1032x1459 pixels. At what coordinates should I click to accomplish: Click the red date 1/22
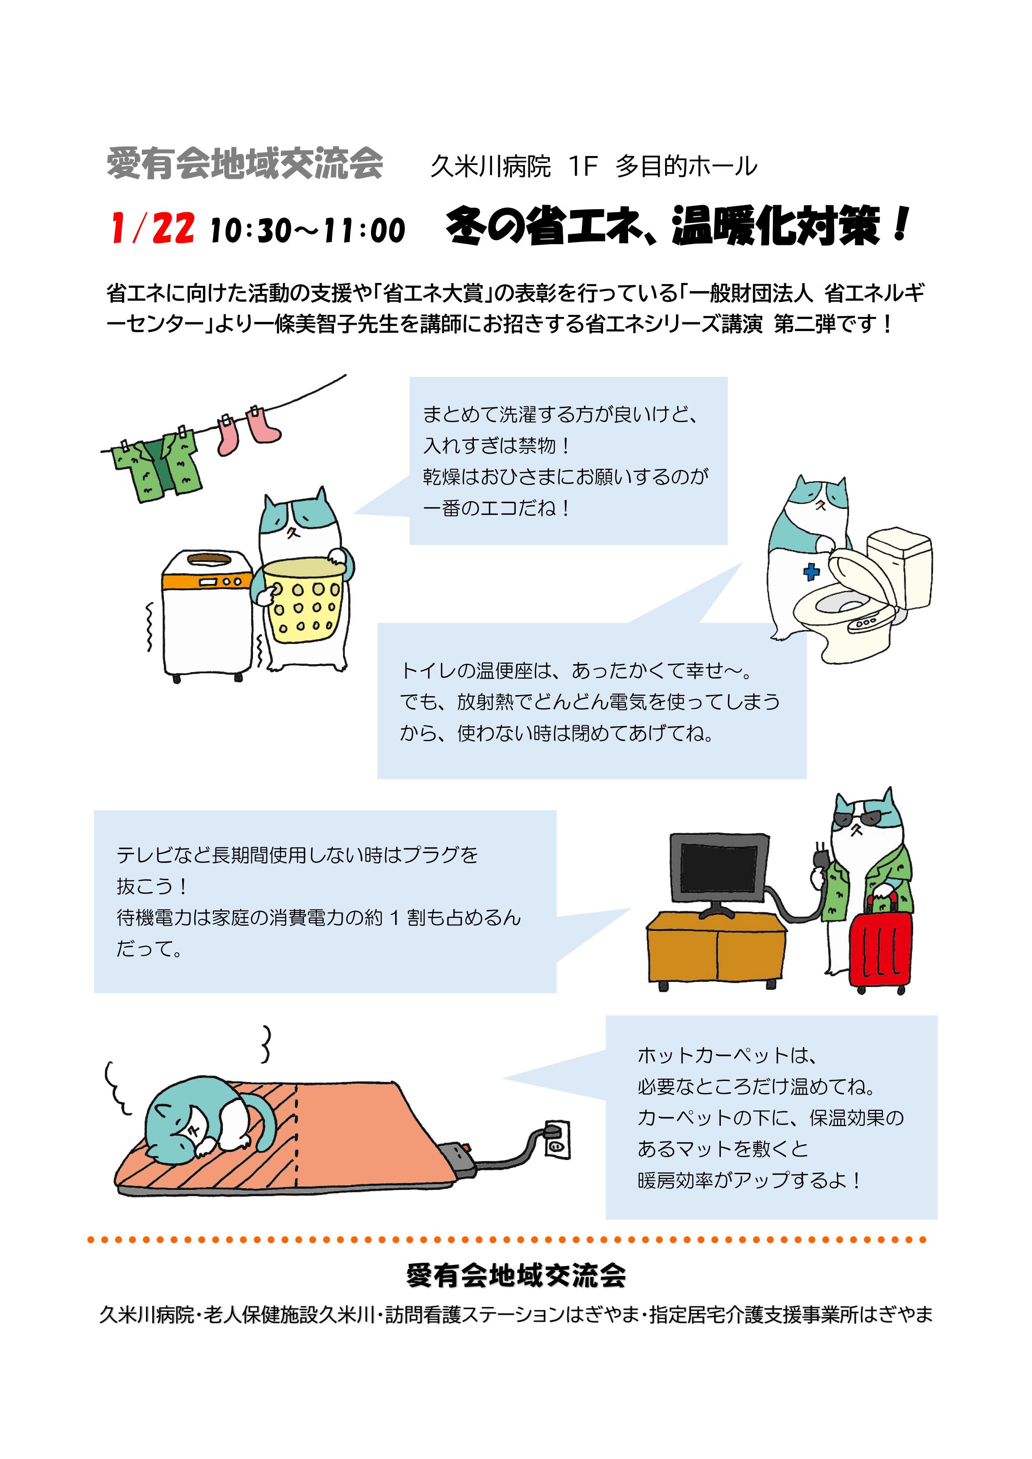point(153,229)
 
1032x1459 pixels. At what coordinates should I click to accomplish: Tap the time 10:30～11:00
point(307,230)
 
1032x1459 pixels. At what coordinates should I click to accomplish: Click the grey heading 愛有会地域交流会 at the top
point(245,164)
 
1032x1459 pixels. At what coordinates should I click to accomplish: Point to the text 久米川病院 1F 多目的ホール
point(594,166)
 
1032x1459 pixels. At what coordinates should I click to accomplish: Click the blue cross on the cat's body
point(812,572)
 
